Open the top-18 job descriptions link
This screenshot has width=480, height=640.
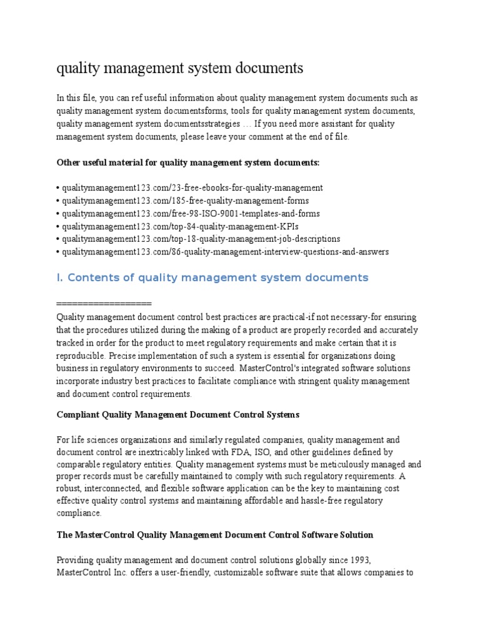[200, 239]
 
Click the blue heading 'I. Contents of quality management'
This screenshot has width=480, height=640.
[212, 277]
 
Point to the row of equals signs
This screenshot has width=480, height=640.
[104, 303]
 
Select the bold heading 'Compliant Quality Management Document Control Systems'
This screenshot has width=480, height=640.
[178, 414]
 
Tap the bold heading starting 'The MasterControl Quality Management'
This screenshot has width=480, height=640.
[215, 535]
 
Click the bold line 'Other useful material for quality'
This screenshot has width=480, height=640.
[188, 162]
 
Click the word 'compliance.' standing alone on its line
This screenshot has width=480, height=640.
[79, 514]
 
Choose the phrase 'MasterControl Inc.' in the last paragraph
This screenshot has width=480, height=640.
[92, 572]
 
